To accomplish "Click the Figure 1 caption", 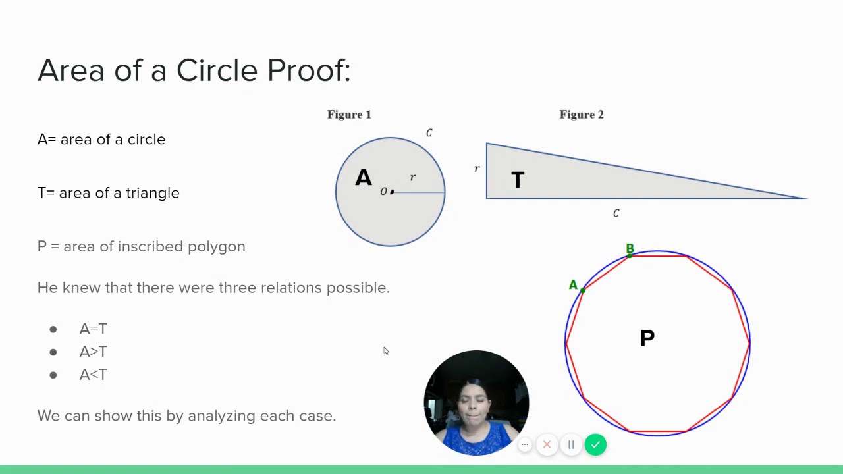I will click(349, 115).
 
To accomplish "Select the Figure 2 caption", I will click(582, 115).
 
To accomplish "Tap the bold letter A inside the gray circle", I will click(364, 178).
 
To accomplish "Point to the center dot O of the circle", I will click(392, 192).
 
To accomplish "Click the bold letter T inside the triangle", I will click(518, 180).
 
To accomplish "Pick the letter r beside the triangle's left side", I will click(477, 169).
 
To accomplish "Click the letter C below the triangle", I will click(616, 213).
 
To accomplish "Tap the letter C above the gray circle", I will click(429, 133).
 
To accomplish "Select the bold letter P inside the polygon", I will click(647, 338).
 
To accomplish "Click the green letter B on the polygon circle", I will click(630, 248).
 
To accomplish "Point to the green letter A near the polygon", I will click(573, 285).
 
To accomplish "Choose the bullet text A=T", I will click(93, 329).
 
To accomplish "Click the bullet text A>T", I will click(93, 352).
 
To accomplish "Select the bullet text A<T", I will click(93, 375).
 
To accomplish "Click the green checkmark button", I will click(595, 445).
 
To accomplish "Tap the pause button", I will click(571, 445).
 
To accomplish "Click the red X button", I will click(547, 445).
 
